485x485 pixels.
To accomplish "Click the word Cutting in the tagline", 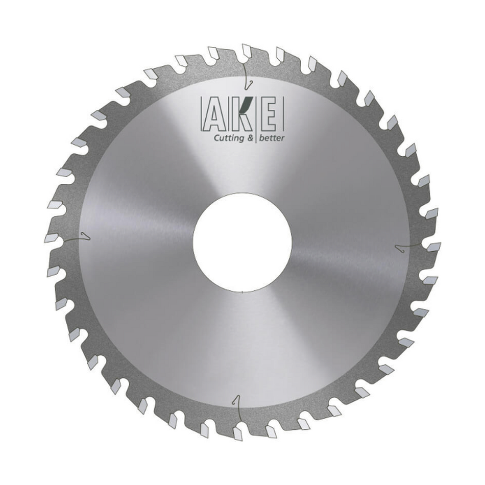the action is (x=229, y=138).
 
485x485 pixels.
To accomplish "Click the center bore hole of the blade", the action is (x=242, y=242).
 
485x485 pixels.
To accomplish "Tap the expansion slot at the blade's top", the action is (x=247, y=76).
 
